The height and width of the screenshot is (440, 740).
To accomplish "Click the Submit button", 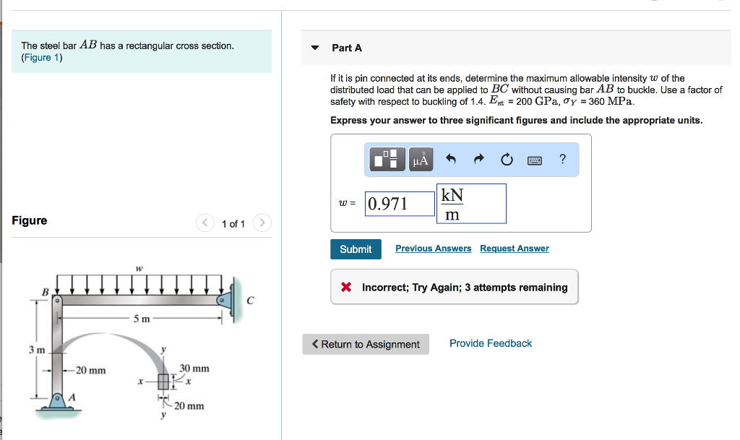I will (x=356, y=249).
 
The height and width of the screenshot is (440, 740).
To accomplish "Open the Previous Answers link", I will (x=433, y=249).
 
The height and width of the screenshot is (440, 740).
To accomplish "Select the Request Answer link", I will (x=514, y=249).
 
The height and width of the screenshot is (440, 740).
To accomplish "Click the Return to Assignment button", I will (x=366, y=344).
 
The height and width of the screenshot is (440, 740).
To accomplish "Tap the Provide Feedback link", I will (x=490, y=343).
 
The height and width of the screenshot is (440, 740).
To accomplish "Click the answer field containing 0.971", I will (x=400, y=204).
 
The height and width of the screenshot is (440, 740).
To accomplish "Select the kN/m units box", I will (x=471, y=204).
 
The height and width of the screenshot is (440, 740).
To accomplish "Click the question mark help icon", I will (x=563, y=159).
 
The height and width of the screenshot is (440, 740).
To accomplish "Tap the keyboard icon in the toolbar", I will (x=535, y=160).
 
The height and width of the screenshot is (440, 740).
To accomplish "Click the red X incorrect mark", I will (x=346, y=288).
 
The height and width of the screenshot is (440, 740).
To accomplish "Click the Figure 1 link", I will (x=41, y=58).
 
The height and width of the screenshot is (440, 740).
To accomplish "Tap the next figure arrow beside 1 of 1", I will (x=262, y=223).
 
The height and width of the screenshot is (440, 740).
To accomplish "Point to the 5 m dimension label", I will (x=142, y=319).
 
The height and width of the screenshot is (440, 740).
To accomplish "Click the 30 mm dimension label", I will (x=194, y=368).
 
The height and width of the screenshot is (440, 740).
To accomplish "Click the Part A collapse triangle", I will (x=314, y=48).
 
